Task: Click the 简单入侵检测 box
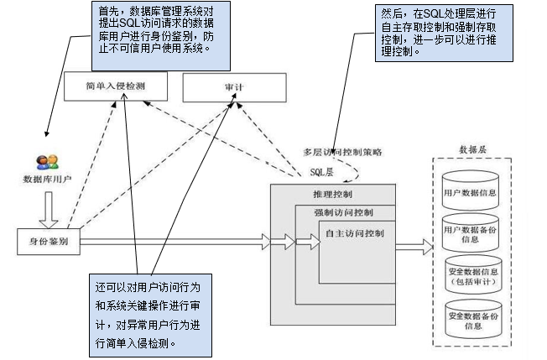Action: [x=115, y=86]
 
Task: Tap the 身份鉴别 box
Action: [x=48, y=242]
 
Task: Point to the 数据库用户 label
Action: [x=47, y=180]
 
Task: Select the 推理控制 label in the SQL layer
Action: [x=318, y=195]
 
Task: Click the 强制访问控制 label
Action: [x=344, y=211]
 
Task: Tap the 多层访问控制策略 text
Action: [x=343, y=152]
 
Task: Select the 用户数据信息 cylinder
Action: [x=470, y=191]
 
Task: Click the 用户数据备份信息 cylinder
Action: [x=470, y=233]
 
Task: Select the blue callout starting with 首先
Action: [x=150, y=34]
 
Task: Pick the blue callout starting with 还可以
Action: [x=148, y=313]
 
